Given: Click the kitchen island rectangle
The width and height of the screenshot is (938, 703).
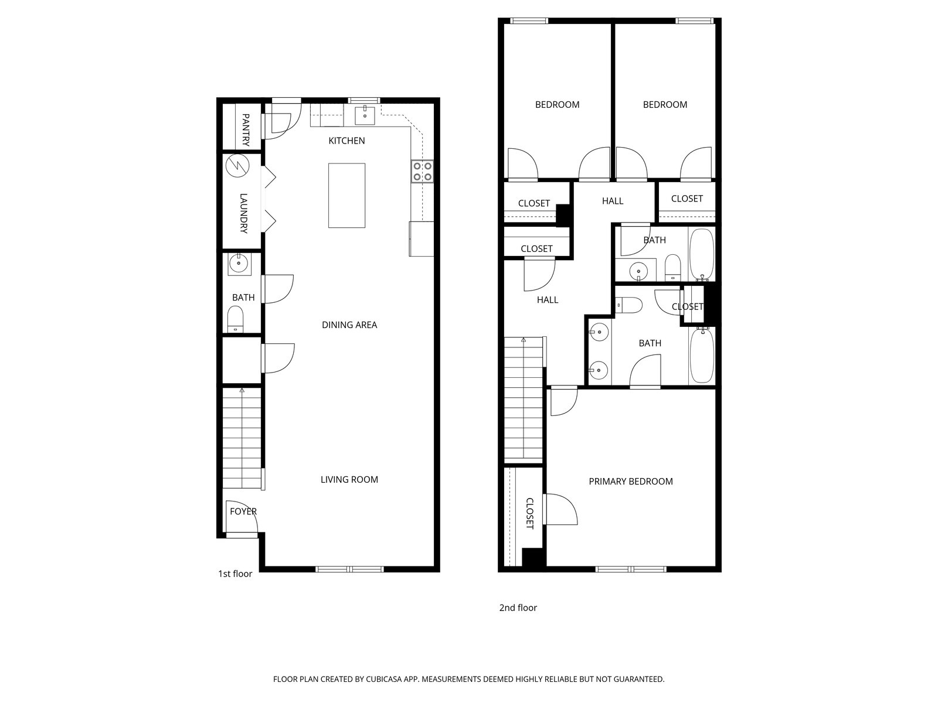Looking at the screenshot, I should [346, 195].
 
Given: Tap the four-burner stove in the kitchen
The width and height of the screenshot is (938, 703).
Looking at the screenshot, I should [422, 170].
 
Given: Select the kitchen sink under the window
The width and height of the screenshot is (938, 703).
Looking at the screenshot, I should [365, 114].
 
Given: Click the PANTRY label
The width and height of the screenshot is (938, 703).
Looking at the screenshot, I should [245, 130].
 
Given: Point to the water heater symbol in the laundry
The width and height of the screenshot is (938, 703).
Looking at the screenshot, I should [238, 165].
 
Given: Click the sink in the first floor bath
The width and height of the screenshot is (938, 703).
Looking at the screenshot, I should [239, 264].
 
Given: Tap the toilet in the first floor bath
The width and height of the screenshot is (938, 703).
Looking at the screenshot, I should [235, 319].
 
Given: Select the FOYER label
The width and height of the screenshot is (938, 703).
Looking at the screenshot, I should [243, 511].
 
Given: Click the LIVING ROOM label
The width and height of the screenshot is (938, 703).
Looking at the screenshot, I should [349, 479].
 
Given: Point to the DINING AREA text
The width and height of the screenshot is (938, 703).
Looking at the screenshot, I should [349, 325].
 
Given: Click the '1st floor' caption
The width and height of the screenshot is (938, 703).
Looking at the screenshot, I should [235, 574].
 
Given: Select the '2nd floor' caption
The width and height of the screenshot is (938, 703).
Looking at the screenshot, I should [518, 608].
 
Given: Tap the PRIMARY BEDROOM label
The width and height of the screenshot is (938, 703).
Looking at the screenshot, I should [630, 481].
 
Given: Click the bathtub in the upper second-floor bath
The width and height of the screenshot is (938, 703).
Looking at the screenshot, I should [701, 254].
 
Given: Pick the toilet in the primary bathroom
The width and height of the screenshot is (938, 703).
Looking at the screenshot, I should [628, 305].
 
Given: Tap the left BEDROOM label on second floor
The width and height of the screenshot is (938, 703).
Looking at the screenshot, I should [557, 104].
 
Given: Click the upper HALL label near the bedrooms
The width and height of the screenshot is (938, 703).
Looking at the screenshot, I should [612, 201].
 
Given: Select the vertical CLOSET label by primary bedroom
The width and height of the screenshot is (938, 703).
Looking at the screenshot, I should [529, 513].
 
